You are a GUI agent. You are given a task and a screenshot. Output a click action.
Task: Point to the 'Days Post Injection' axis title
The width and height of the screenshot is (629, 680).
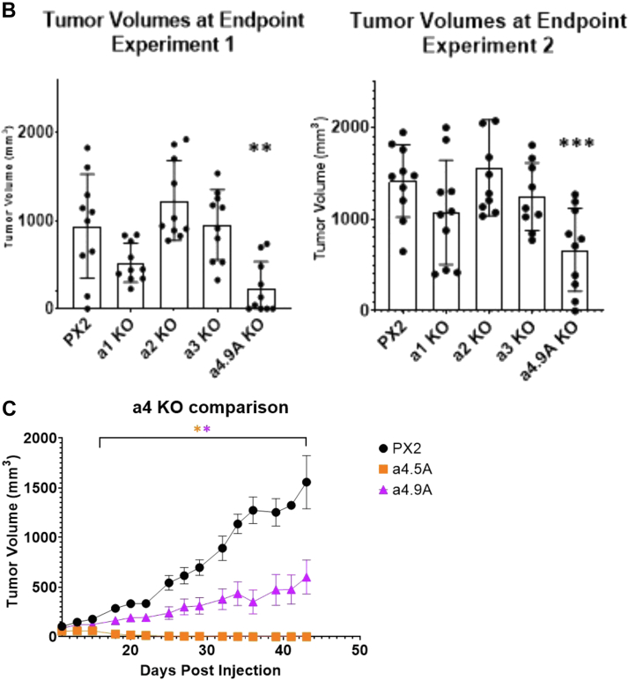tap(211, 669)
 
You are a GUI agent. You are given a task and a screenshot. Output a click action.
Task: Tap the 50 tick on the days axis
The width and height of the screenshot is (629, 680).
tap(359, 650)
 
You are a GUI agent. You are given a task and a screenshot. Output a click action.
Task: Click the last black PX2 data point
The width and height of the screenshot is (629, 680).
tap(306, 482)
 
